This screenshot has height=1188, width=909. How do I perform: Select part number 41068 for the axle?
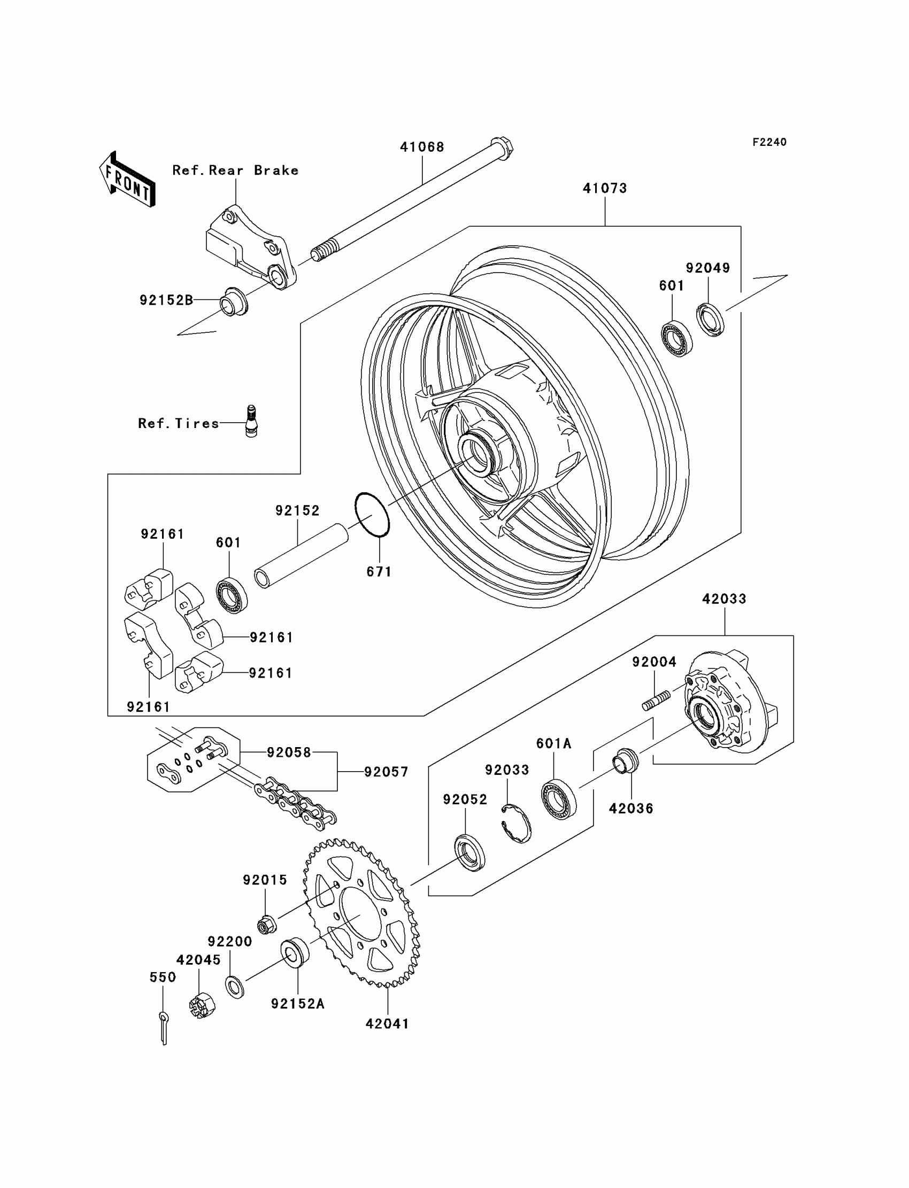click(422, 147)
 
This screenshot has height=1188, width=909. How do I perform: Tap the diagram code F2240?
click(769, 142)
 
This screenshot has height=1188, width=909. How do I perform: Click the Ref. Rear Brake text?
click(235, 170)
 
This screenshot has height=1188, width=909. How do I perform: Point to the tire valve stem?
click(252, 421)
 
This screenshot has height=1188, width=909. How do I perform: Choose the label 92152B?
click(167, 300)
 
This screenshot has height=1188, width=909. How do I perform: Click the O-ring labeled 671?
click(372, 514)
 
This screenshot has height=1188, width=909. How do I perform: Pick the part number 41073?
click(605, 188)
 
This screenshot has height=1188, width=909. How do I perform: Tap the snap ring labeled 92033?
click(515, 824)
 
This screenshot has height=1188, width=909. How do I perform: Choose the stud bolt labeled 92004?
click(656, 701)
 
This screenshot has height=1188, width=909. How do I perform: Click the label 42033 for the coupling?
click(724, 599)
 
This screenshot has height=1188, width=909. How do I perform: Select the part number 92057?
click(386, 772)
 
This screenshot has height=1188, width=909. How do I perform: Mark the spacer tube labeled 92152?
click(302, 556)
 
